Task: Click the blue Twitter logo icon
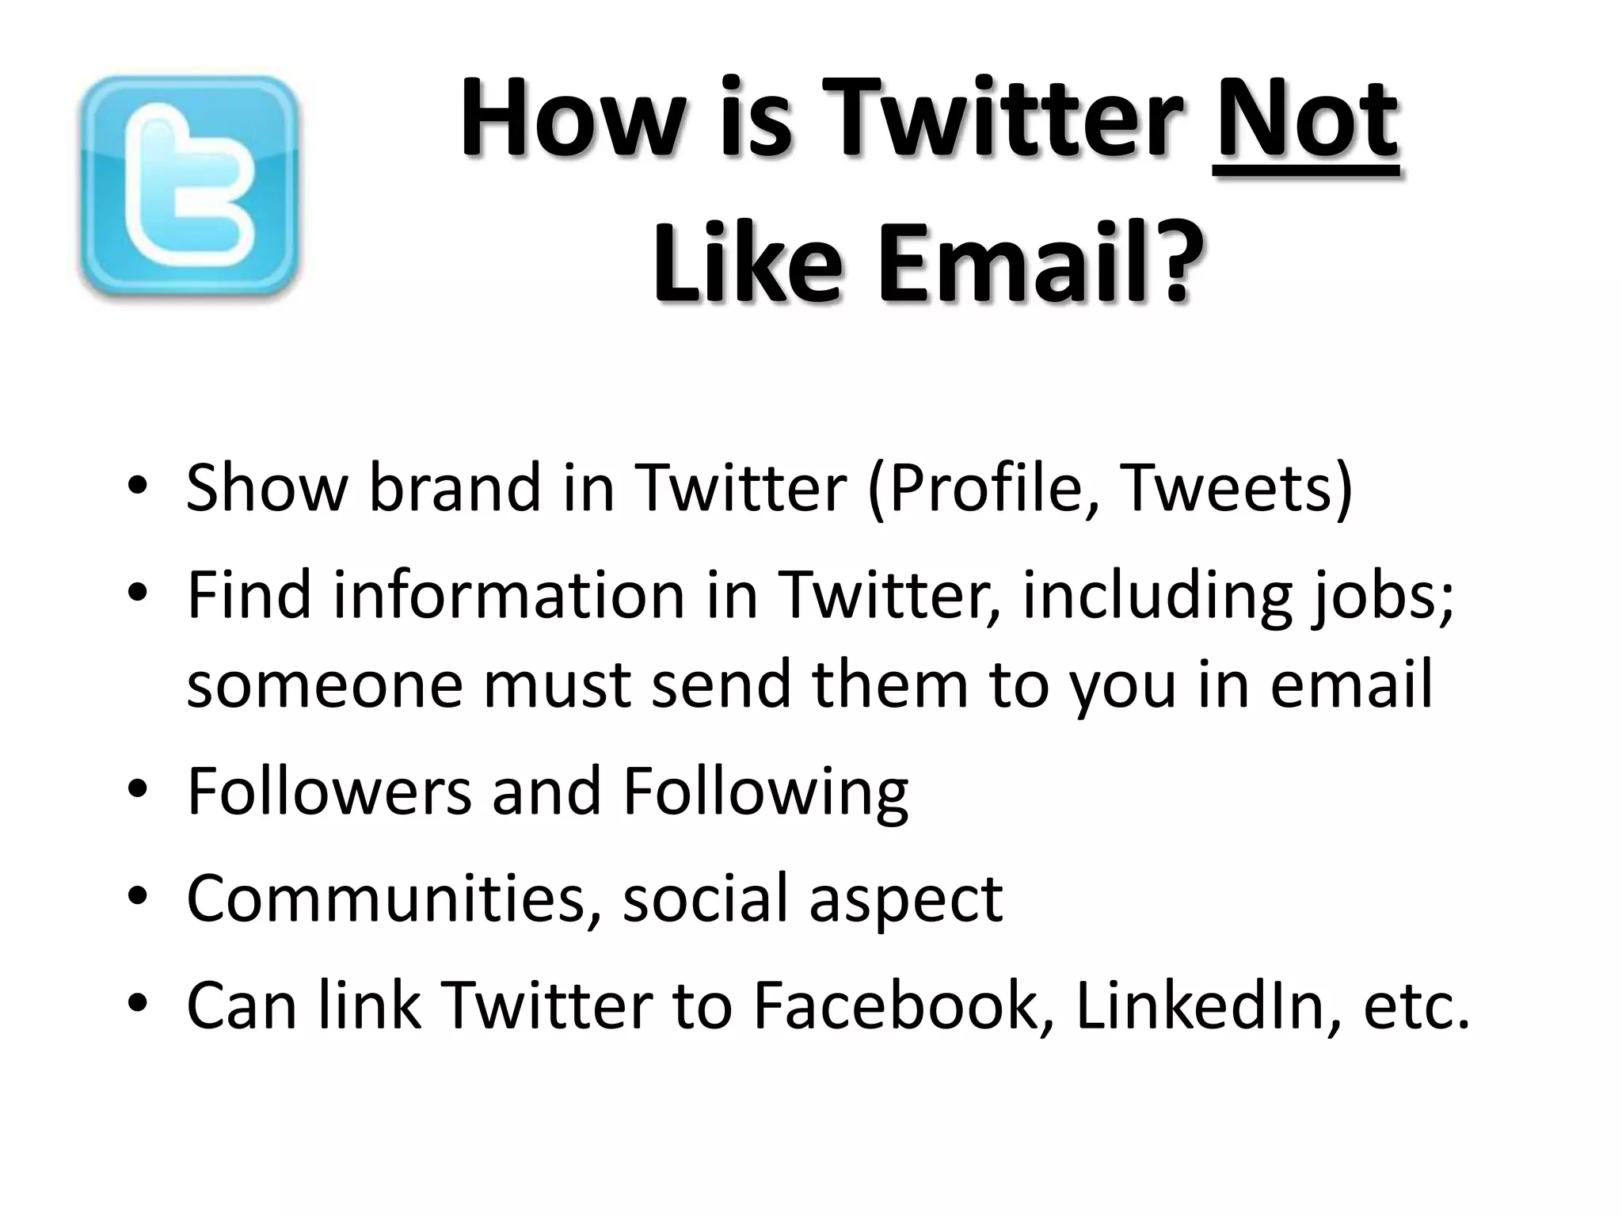[x=190, y=187]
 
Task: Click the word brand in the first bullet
[x=455, y=487]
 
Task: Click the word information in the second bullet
[x=508, y=594]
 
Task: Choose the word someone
[x=324, y=684]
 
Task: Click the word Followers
[x=329, y=790]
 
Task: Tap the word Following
[x=765, y=792]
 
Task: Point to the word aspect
[x=905, y=899]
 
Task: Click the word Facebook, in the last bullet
[x=904, y=1005]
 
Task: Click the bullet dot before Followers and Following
[x=138, y=790]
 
